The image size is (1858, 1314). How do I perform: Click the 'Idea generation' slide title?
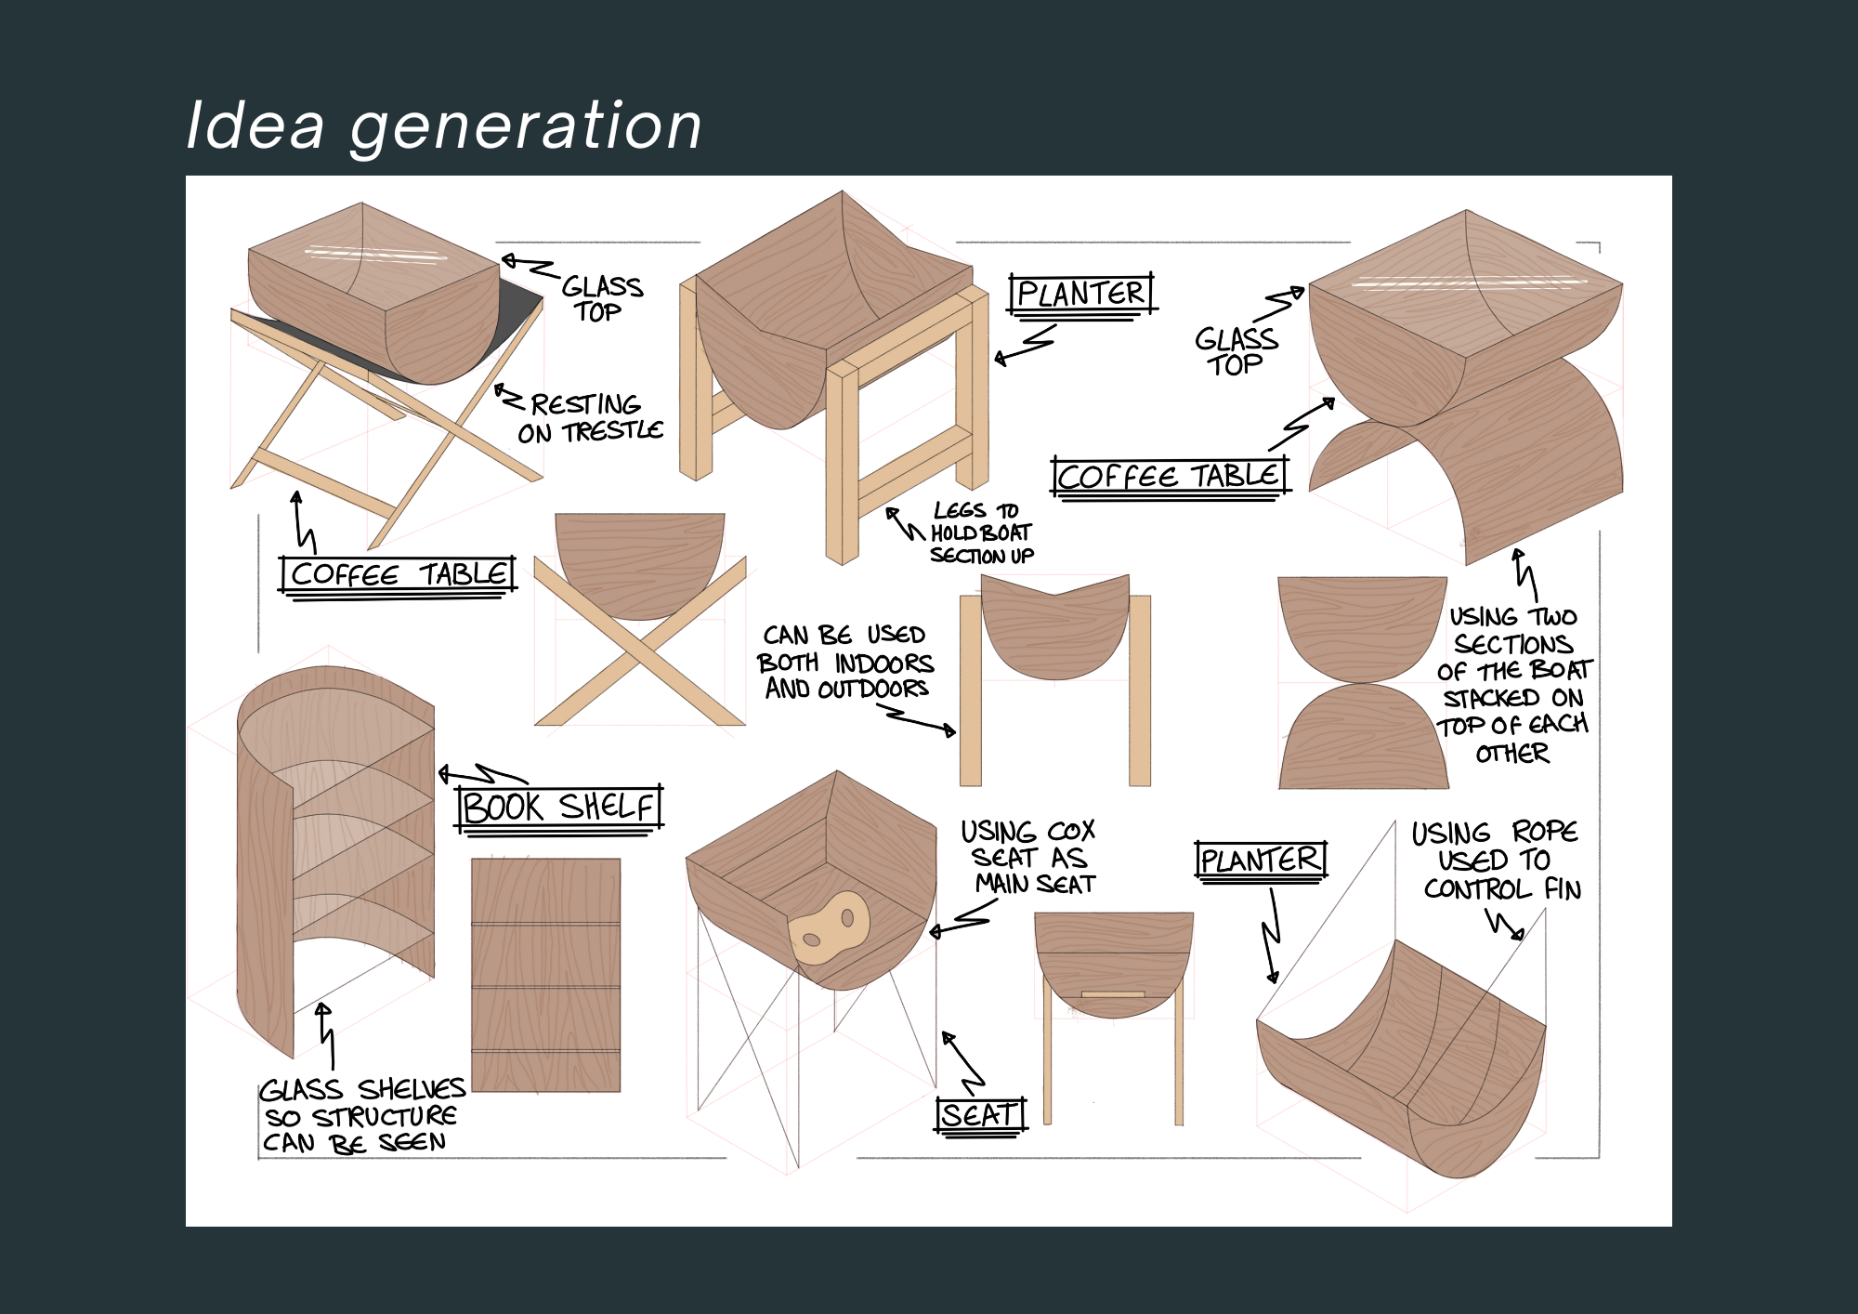[444, 125]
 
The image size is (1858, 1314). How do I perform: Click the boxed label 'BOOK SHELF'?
[559, 807]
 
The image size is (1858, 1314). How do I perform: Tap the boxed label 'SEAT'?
[980, 1114]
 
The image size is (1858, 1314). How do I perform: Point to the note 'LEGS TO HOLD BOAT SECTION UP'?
[981, 533]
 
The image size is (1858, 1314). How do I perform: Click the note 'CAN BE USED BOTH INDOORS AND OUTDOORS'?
[845, 662]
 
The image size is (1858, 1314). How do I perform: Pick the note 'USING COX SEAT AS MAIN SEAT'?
[1029, 857]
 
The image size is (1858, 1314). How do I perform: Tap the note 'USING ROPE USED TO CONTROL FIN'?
[1496, 861]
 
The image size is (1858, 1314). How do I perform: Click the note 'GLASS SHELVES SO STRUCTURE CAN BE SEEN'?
[361, 1115]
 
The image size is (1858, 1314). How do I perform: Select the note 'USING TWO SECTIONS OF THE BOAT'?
[1514, 685]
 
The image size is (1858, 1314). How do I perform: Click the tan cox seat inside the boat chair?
[829, 927]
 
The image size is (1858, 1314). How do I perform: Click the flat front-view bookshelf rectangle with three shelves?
[545, 975]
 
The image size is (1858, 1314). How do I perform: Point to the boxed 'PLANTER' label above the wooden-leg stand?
[1081, 294]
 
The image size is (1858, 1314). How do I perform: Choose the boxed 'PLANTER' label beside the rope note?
[1260, 860]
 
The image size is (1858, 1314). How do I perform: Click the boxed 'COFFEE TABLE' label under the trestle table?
[398, 574]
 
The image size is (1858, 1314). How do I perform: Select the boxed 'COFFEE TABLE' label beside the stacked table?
[1171, 477]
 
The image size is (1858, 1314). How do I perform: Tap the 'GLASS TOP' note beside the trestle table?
[602, 298]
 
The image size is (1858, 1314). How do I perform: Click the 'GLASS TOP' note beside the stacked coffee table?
[1236, 351]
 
